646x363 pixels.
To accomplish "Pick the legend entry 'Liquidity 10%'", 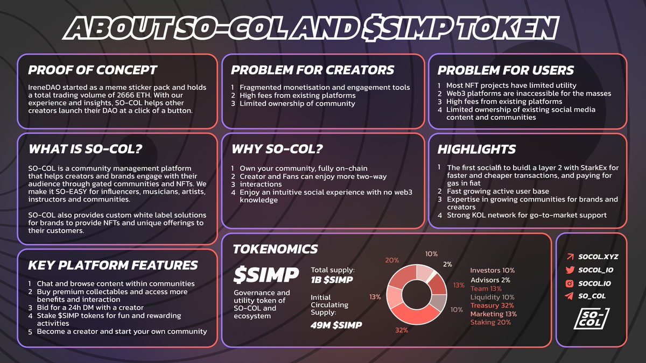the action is click(492, 297).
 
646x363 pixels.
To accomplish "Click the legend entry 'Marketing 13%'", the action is click(494, 314).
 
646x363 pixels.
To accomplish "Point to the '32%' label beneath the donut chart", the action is click(402, 330).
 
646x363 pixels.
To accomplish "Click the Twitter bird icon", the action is click(570, 270).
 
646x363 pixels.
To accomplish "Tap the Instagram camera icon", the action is click(570, 283).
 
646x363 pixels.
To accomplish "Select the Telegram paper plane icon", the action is click(570, 296).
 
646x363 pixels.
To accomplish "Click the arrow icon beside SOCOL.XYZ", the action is click(570, 257).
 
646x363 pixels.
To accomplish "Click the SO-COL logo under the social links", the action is click(592, 318).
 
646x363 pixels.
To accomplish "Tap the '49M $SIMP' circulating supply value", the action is click(336, 325).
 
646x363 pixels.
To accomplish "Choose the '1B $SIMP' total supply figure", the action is click(332, 280).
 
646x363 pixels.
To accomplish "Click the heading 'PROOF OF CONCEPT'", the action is click(92, 70).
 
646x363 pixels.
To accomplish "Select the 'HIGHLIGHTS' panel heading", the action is click(476, 150).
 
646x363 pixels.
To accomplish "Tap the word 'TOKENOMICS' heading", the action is click(275, 249).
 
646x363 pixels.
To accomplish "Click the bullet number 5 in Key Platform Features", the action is click(30, 332).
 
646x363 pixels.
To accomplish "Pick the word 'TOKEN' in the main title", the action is click(507, 28).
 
